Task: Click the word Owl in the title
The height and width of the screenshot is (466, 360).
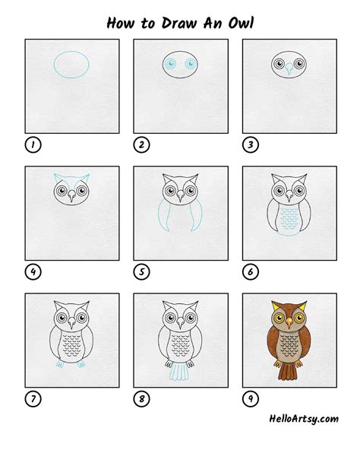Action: [241, 23]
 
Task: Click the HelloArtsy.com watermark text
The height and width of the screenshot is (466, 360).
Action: [304, 419]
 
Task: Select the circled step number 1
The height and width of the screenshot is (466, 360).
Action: [33, 144]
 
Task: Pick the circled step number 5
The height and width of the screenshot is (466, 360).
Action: [142, 271]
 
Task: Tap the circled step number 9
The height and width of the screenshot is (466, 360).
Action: [251, 398]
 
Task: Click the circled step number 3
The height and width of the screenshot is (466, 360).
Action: [251, 144]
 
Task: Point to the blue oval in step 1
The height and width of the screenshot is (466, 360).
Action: [71, 52]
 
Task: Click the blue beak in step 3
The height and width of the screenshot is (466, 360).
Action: [289, 68]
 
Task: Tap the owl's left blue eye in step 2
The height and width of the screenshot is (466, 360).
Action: [170, 64]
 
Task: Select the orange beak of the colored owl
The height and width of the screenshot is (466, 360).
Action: [289, 323]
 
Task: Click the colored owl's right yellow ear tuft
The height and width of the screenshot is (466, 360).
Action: [303, 306]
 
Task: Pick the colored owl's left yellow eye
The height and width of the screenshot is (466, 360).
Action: [279, 318]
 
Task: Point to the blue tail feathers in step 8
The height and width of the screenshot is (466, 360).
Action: [179, 372]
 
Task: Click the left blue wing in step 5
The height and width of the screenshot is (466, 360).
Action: [164, 214]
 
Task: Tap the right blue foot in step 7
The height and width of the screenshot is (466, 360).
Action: [81, 364]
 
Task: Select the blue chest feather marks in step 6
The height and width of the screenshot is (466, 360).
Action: [289, 218]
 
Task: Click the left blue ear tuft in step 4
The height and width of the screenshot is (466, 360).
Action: [58, 179]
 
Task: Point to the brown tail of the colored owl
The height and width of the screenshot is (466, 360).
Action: [288, 372]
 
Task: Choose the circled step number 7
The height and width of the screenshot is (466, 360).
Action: [33, 398]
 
